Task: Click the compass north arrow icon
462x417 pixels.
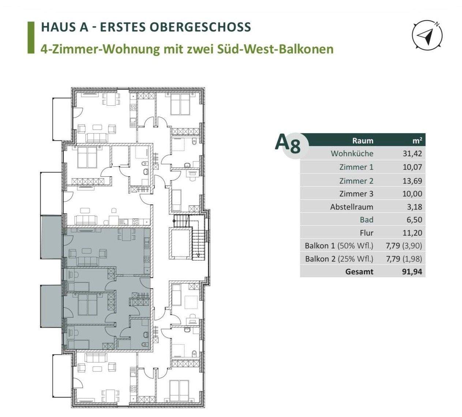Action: click(x=427, y=35)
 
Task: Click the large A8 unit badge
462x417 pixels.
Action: click(x=288, y=144)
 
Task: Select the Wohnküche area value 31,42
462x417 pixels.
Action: click(x=412, y=154)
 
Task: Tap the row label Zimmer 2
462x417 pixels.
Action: click(x=356, y=181)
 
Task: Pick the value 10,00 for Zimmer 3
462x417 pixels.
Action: click(x=412, y=194)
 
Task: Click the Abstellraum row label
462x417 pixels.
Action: click(x=352, y=207)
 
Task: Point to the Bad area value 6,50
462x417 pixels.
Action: click(x=414, y=220)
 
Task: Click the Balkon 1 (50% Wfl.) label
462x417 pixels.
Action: click(x=339, y=246)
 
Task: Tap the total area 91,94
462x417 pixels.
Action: click(x=412, y=272)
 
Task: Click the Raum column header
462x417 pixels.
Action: click(x=363, y=140)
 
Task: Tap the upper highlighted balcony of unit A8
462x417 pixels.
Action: click(x=51, y=237)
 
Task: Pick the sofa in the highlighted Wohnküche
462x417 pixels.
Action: click(x=87, y=261)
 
